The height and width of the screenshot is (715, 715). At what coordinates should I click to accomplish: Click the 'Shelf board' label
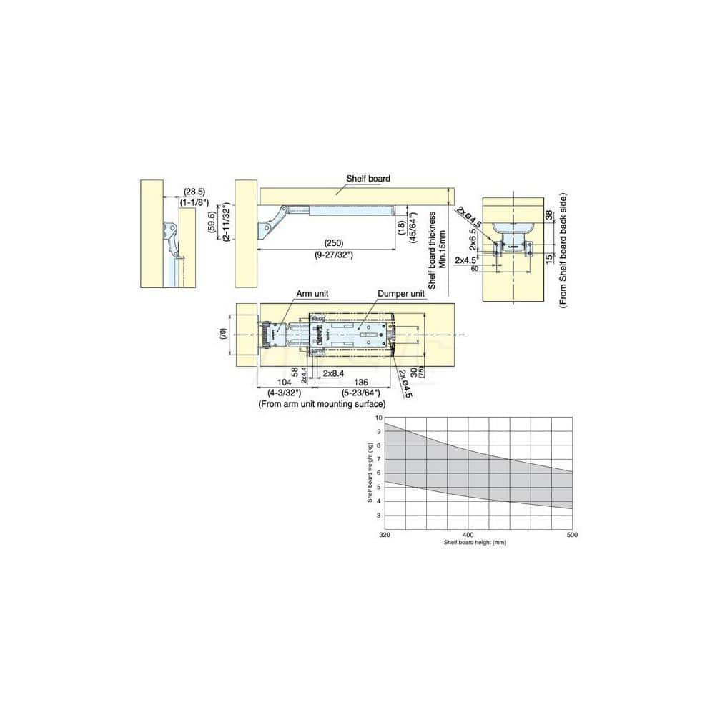pyautogui.click(x=368, y=179)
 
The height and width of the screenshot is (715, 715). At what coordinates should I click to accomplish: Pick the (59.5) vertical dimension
pyautogui.click(x=212, y=223)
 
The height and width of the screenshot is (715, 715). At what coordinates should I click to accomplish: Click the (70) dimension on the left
pyautogui.click(x=223, y=334)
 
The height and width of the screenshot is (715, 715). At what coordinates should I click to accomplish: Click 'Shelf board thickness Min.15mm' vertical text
pyautogui.click(x=437, y=250)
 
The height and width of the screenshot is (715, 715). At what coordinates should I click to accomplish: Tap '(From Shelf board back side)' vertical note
pyautogui.click(x=563, y=250)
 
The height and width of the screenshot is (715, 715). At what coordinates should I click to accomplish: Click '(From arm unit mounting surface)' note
pyautogui.click(x=322, y=404)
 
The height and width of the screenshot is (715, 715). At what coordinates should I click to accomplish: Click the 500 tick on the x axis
pyautogui.click(x=571, y=536)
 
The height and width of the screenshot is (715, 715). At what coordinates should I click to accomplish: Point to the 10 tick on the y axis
pyautogui.click(x=379, y=417)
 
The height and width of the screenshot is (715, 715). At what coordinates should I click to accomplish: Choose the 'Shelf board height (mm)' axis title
pyautogui.click(x=475, y=543)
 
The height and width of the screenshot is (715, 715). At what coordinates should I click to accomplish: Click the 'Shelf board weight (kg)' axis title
pyautogui.click(x=370, y=472)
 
